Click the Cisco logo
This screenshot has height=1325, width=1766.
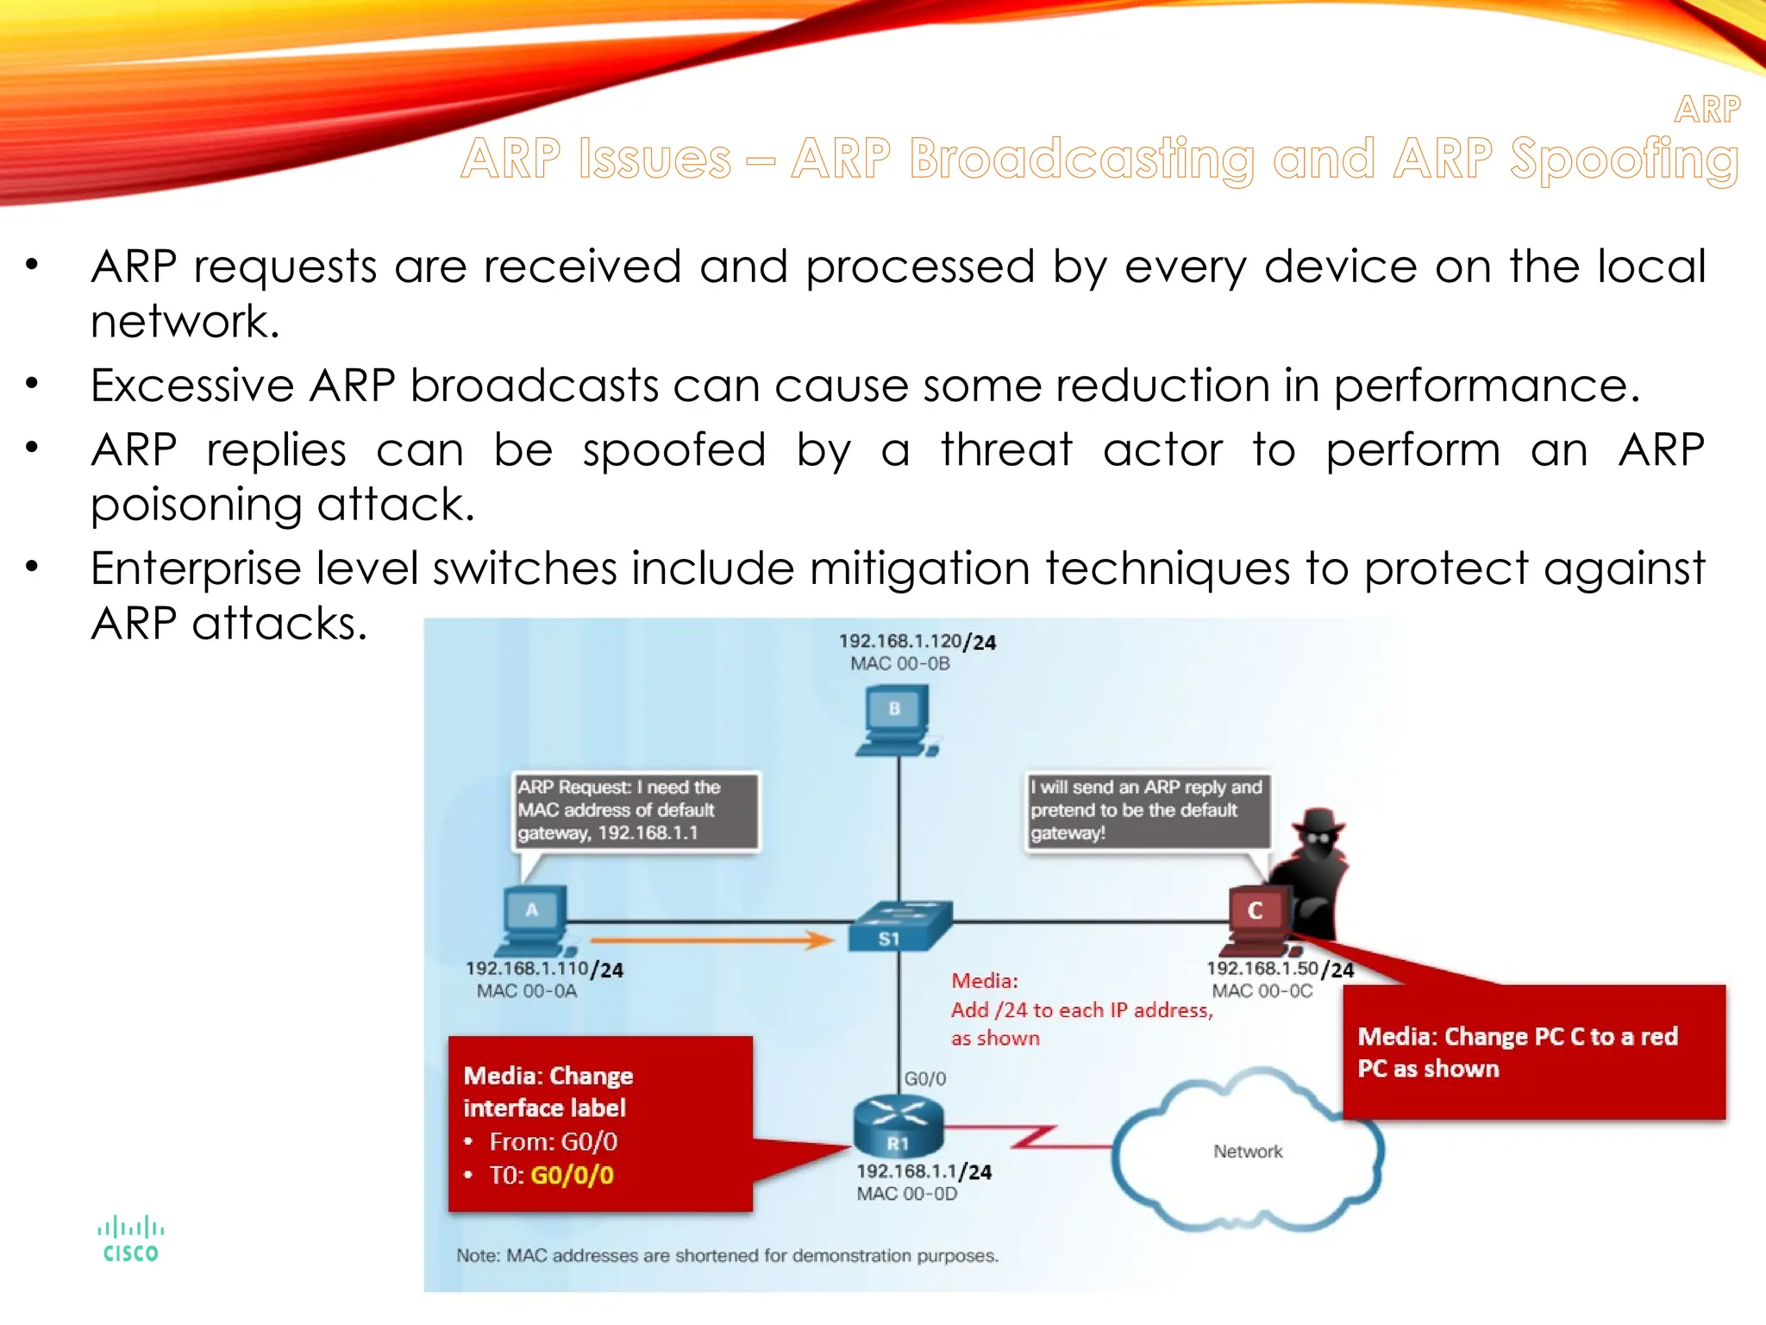[130, 1240]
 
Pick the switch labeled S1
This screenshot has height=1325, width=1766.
[899, 927]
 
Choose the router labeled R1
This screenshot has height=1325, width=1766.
[898, 1126]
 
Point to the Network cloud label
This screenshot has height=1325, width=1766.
[1248, 1152]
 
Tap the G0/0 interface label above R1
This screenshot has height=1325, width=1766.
[925, 1078]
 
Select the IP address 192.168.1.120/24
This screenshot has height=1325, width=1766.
[917, 641]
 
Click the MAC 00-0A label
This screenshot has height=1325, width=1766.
[527, 991]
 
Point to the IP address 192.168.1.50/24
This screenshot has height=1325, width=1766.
[1280, 969]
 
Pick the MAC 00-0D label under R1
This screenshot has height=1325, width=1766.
[906, 1194]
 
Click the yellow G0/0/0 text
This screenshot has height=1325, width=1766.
[572, 1175]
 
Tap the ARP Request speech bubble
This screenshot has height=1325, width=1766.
[636, 810]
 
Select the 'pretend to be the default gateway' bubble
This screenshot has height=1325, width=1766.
[1147, 810]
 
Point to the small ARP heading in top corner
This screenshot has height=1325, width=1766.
[1707, 110]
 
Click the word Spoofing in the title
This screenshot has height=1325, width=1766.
[1624, 160]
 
